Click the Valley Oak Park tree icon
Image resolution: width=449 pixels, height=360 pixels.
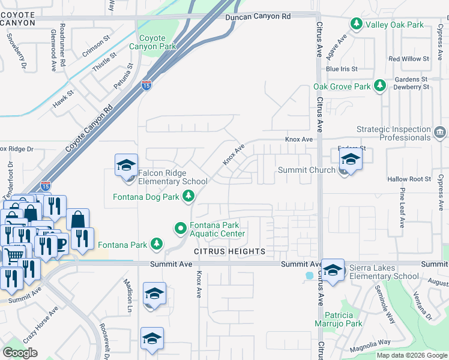(x=357, y=24)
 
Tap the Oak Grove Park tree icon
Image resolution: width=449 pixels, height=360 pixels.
(x=379, y=86)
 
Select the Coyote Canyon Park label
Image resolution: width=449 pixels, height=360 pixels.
(x=157, y=42)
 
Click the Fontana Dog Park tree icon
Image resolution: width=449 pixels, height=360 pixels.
(x=188, y=196)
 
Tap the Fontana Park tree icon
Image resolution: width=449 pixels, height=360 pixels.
(x=157, y=244)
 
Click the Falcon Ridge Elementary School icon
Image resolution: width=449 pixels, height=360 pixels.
(x=127, y=165)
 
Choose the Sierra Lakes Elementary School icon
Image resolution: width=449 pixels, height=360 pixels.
(x=333, y=269)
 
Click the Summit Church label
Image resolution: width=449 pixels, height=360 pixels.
(x=306, y=170)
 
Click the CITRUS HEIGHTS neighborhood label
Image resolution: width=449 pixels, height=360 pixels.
(x=229, y=250)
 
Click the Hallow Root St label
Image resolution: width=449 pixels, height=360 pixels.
(x=409, y=179)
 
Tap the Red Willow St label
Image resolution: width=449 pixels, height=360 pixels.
(x=409, y=59)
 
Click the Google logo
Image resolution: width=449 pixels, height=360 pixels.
(x=20, y=352)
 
